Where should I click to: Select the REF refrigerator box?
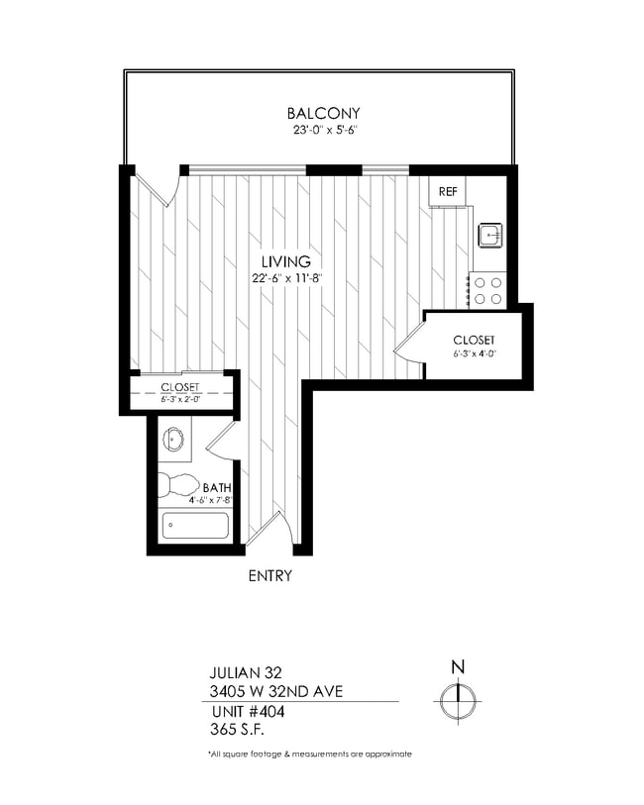[448, 192]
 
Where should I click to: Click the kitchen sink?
[489, 235]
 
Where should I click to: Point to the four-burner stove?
[487, 289]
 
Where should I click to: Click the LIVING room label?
[286, 262]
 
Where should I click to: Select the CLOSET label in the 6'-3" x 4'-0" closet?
[474, 340]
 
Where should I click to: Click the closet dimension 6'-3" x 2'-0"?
[179, 399]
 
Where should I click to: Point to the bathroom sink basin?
[176, 437]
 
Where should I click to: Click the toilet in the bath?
[179, 485]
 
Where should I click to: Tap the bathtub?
[195, 525]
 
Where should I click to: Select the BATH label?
[216, 488]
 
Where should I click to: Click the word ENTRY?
[269, 575]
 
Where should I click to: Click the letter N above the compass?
[458, 667]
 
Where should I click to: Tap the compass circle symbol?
[458, 701]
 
